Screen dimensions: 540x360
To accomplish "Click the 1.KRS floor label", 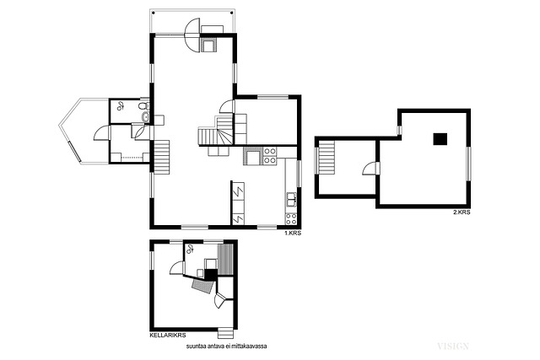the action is pyautogui.click(x=293, y=233).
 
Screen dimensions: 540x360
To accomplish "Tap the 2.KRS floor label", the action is pyautogui.click(x=462, y=212).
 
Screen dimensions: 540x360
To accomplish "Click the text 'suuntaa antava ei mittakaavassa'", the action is pyautogui.click(x=227, y=347).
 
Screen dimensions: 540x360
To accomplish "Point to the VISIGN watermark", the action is pyautogui.click(x=453, y=347).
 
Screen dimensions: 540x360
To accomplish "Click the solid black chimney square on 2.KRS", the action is pyautogui.click(x=440, y=139).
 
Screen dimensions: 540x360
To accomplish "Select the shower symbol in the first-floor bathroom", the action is pyautogui.click(x=120, y=106).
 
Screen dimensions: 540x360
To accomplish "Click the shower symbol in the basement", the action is pyautogui.click(x=190, y=249).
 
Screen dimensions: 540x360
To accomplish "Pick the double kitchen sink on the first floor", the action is pyautogui.click(x=291, y=199).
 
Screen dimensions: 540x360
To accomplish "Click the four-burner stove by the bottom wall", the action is pyautogui.click(x=291, y=219).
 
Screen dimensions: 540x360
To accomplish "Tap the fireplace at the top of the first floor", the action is pyautogui.click(x=209, y=45).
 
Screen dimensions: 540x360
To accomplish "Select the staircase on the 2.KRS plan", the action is pyautogui.click(x=327, y=159).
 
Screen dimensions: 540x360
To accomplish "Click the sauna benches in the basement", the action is pyautogui.click(x=226, y=259).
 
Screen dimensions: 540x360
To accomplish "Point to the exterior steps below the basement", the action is pyautogui.click(x=225, y=332).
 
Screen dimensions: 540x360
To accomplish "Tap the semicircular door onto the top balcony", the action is pyautogui.click(x=192, y=35).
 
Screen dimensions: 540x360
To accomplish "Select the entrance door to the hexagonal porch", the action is pyautogui.click(x=102, y=133).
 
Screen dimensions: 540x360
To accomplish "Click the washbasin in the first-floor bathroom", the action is pyautogui.click(x=146, y=117).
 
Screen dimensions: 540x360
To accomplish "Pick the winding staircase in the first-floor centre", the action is pyautogui.click(x=216, y=132).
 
